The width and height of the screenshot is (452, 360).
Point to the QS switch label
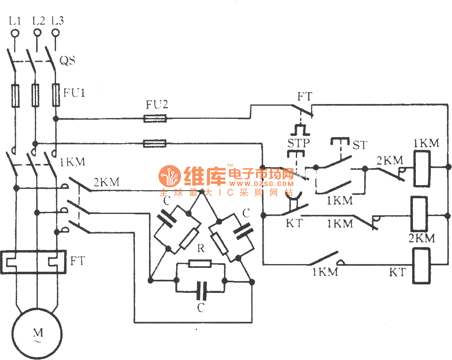[x=67, y=61]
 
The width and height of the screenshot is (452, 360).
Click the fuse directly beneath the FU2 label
[x=155, y=119]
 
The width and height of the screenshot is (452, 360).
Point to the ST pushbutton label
[x=359, y=145]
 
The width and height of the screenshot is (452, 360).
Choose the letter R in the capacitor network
[x=201, y=248]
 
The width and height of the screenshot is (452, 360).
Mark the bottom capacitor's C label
[x=201, y=308]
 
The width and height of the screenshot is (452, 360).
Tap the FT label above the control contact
[x=304, y=96]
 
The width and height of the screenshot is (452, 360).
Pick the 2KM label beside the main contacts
[x=106, y=183]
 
